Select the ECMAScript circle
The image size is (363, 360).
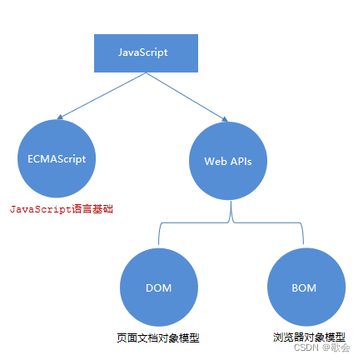(57, 157)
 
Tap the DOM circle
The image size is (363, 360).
(158, 287)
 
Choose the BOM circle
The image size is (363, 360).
(304, 287)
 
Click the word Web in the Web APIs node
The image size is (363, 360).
(214, 161)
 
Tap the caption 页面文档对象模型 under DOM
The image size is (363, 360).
(158, 337)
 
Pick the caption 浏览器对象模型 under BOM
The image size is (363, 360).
(309, 337)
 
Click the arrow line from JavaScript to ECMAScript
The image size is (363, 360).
(96, 97)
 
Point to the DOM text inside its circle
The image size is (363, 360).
(158, 288)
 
